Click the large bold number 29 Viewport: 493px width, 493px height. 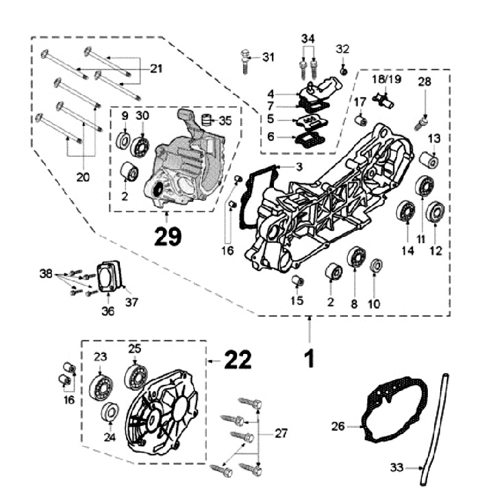pos(167,236)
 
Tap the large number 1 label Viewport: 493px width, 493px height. pos(309,358)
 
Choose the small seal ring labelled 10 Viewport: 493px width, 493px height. pos(375,266)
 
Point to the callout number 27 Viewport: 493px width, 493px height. pos(281,433)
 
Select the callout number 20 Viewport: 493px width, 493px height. pos(82,176)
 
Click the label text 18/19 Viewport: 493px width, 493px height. pos(386,80)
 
